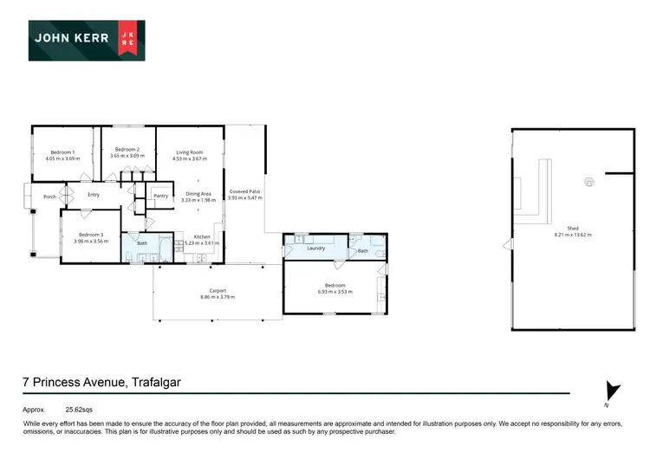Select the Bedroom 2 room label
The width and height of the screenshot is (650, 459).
point(127,149)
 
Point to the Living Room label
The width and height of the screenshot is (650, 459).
point(189,152)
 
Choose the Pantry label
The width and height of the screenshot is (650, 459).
point(160,196)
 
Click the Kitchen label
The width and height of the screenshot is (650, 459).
point(202,236)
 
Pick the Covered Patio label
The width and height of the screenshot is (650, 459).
point(244,191)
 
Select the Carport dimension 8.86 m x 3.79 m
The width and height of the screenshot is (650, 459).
point(218,297)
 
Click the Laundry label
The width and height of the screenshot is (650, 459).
point(315,249)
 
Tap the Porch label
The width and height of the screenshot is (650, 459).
point(50,197)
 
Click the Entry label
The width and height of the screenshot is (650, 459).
point(94,195)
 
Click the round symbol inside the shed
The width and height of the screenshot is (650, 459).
point(589,183)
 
